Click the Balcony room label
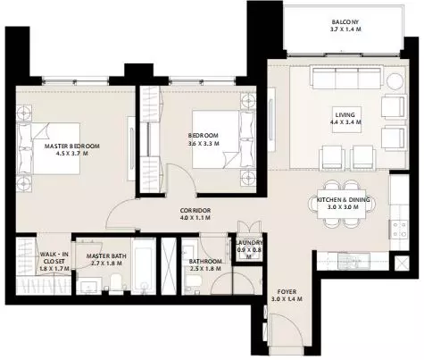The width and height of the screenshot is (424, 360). click(x=345, y=22)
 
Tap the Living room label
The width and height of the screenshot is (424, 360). click(x=345, y=114)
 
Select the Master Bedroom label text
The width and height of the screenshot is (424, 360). click(x=72, y=147)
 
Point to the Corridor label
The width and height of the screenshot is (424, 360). click(x=195, y=211)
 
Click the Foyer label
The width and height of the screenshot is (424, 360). click(x=287, y=292)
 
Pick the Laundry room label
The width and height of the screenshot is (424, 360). click(x=249, y=243)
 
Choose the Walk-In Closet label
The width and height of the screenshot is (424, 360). click(x=54, y=258)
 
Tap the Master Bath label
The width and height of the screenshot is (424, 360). click(x=106, y=256)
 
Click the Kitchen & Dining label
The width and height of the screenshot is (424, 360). click(x=343, y=200)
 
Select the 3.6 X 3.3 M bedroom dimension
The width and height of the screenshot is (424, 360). click(x=204, y=143)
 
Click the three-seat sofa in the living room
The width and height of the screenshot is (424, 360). click(x=346, y=77)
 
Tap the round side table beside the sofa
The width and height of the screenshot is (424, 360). click(x=395, y=80)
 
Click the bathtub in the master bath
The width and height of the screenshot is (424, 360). click(x=144, y=266)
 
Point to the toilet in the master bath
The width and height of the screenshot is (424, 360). click(x=116, y=282)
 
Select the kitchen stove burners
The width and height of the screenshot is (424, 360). click(x=400, y=229)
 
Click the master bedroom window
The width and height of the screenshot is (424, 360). click(x=75, y=80)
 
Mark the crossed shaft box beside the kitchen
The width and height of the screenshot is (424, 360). click(x=402, y=264)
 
